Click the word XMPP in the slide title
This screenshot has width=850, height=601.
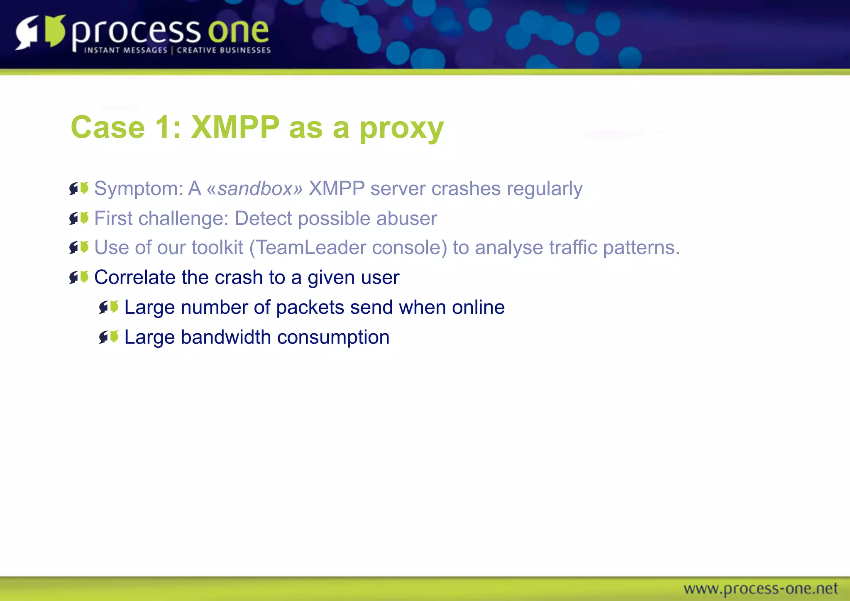[x=235, y=127]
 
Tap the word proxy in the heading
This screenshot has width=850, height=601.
[x=401, y=129]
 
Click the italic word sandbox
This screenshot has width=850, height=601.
[x=255, y=189]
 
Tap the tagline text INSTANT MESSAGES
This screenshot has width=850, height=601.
[x=125, y=50]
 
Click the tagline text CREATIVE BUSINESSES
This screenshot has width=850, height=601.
[x=224, y=50]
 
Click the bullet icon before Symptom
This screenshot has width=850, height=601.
[x=79, y=188]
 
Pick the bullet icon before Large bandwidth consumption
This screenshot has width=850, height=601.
[x=109, y=337]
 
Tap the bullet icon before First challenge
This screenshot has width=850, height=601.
[x=79, y=218]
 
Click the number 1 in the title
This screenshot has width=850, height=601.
[x=163, y=127]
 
